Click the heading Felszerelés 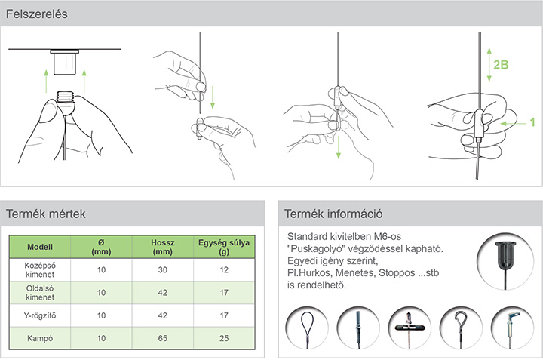pyautogui.click(x=37, y=14)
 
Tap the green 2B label pyautogui.click(x=501, y=65)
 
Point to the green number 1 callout pyautogui.click(x=532, y=122)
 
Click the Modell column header pyautogui.click(x=40, y=247)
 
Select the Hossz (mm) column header pyautogui.click(x=162, y=247)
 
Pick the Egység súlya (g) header pyautogui.click(x=224, y=247)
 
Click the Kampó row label pyautogui.click(x=40, y=338)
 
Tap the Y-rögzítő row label pyautogui.click(x=40, y=315)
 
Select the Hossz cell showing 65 pyautogui.click(x=162, y=338)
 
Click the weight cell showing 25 pyautogui.click(x=224, y=338)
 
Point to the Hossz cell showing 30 pyautogui.click(x=162, y=270)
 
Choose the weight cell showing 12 pyautogui.click(x=224, y=270)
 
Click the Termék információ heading pyautogui.click(x=333, y=214)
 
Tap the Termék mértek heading pyautogui.click(x=46, y=214)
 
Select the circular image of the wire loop pyautogui.click(x=307, y=328)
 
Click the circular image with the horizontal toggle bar pyautogui.click(x=410, y=328)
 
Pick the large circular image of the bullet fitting pyautogui.click(x=505, y=261)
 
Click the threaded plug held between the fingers pyautogui.click(x=65, y=102)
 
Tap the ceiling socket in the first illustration pyautogui.click(x=65, y=62)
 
